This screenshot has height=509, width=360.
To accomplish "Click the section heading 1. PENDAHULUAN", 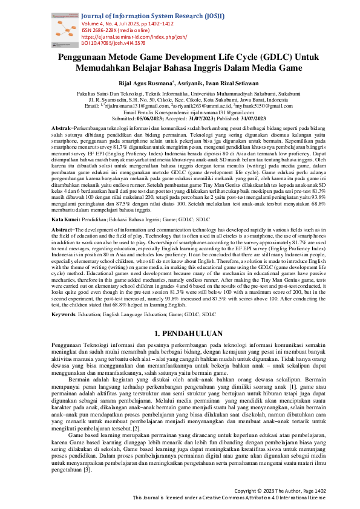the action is pos(180,332).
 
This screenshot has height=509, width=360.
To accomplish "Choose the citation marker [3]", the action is pos(89,470).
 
